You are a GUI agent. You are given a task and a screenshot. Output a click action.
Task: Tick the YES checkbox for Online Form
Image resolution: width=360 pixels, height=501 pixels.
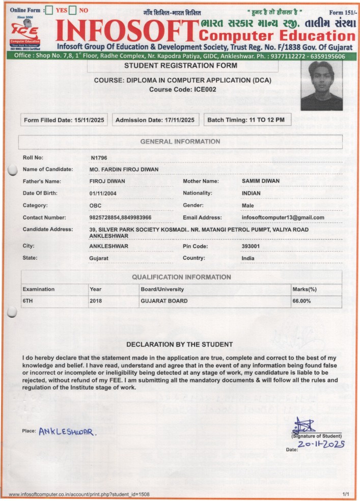49,10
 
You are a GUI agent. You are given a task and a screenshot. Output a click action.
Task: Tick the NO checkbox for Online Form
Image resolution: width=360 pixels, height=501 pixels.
72,10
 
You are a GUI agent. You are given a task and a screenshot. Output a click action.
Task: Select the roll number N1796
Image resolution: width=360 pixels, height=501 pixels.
99,158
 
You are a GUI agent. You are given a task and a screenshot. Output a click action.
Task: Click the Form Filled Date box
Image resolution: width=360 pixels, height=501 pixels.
64,120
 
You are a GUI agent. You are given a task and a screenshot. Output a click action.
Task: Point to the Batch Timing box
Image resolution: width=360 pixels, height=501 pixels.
247,120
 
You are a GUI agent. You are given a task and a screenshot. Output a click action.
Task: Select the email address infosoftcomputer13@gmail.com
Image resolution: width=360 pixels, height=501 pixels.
283,218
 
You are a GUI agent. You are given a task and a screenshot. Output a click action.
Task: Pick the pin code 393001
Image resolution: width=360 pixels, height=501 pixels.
251,246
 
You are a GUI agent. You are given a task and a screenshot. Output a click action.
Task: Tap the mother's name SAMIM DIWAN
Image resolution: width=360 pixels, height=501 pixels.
261,181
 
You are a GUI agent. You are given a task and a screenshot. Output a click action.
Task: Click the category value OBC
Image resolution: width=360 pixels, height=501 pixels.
96,206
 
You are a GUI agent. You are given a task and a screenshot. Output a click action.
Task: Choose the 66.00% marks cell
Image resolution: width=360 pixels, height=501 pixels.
301,301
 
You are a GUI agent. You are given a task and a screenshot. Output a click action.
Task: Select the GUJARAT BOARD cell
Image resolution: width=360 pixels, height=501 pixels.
164,301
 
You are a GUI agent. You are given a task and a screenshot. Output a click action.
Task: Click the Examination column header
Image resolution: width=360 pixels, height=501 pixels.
39,289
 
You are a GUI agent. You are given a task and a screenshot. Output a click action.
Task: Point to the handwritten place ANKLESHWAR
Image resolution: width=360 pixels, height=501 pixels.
68,431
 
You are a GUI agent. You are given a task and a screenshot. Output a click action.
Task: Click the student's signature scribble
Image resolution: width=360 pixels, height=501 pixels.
304,425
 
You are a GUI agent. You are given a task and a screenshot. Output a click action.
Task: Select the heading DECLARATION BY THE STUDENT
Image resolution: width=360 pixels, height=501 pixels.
179,345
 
